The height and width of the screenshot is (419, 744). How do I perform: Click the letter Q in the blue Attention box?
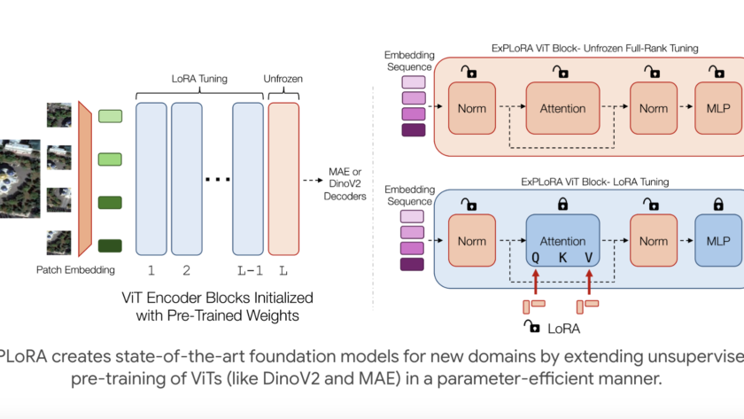tap(536, 258)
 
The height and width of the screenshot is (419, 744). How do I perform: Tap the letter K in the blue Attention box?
tap(562, 258)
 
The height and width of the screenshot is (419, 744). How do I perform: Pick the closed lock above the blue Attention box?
tap(562, 206)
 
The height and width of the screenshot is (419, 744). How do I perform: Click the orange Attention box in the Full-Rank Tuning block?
tap(562, 108)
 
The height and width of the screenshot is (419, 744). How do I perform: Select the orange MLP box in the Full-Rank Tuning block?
tap(717, 108)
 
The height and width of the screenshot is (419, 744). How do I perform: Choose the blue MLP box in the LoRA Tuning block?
tap(717, 241)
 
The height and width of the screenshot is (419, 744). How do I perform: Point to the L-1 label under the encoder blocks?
tap(248, 269)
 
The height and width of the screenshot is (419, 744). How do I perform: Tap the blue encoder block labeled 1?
tap(151, 178)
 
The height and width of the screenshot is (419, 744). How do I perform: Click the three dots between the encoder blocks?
tap(217, 180)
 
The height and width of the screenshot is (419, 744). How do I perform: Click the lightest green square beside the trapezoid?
tap(111, 115)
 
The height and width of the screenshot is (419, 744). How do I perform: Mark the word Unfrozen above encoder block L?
tap(283, 79)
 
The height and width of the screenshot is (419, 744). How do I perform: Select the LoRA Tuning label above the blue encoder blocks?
tap(199, 79)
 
